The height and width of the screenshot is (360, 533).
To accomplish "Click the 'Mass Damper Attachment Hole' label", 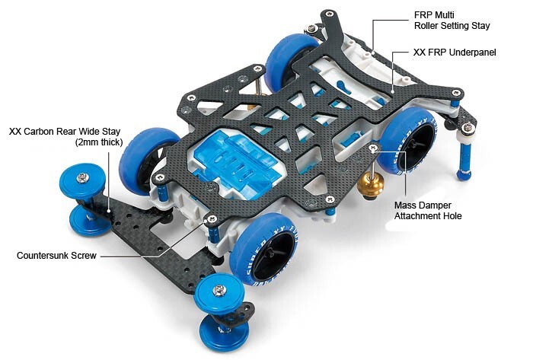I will tap(428, 211).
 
